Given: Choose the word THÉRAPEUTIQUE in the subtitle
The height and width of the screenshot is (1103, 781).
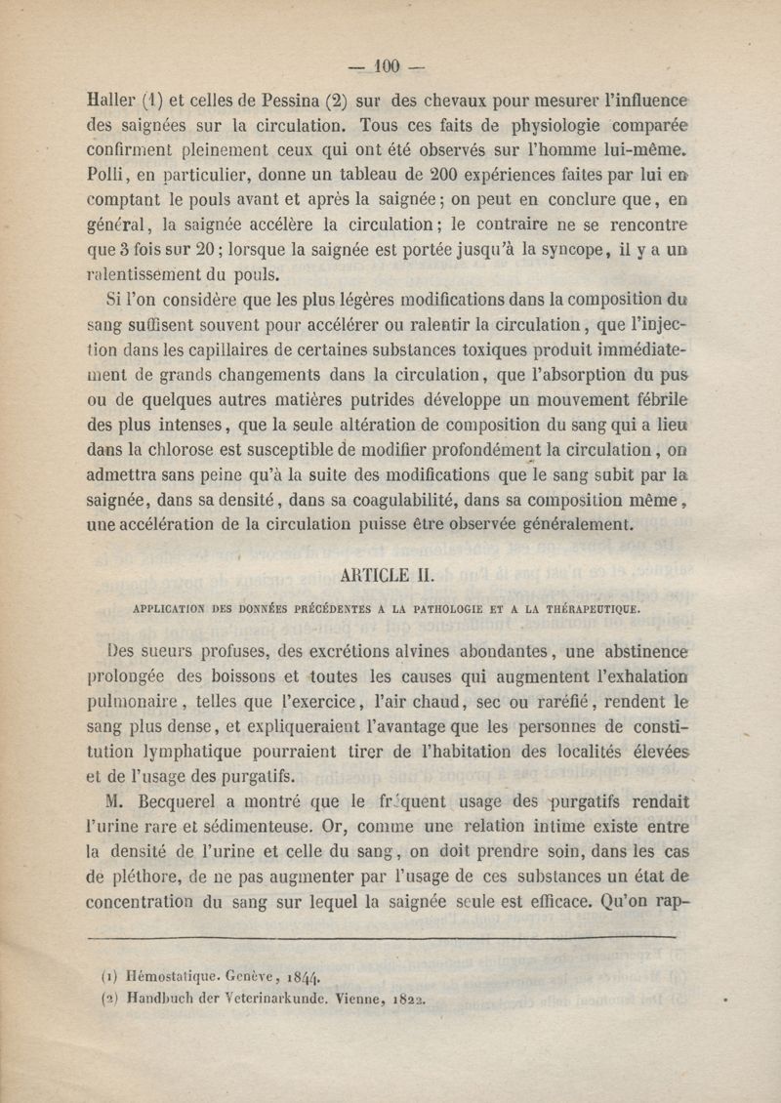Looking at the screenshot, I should click(x=581, y=607).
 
